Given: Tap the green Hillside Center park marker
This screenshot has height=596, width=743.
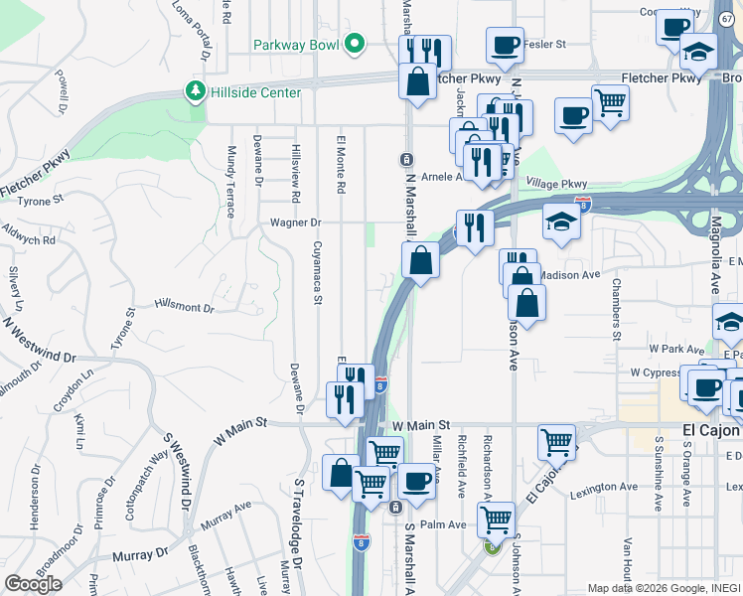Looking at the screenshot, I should (196, 92).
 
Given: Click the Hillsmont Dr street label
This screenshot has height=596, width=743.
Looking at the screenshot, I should (185, 308).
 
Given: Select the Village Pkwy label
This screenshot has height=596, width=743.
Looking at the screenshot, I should (557, 184).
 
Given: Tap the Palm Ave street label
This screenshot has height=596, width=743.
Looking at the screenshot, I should (443, 524).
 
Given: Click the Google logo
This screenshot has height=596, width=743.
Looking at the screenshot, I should (33, 584).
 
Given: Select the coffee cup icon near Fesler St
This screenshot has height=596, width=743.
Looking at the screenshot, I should (505, 44).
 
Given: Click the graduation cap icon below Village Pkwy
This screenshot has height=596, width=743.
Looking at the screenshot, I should (561, 222).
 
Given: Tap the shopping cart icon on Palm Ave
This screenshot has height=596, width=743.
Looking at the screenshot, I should (496, 519).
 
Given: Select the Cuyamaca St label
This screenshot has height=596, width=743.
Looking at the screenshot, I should (318, 272).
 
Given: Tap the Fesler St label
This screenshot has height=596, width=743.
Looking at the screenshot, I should (545, 45).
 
